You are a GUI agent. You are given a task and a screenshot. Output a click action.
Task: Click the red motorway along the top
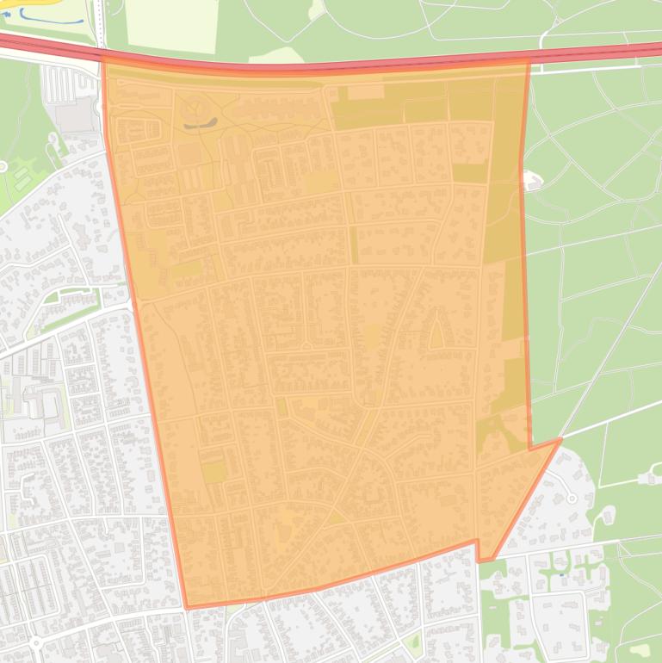[x=344, y=65]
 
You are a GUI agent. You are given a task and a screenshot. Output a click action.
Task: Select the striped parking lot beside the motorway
[x=63, y=84]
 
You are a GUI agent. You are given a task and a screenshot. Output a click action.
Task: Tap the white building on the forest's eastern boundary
[x=531, y=181]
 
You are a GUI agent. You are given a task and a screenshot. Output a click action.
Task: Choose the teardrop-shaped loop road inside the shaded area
[x=436, y=332]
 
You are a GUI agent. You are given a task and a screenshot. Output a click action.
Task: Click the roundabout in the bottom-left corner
[x=35, y=641]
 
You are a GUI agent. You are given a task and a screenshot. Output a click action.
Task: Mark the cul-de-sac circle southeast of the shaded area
[x=571, y=498]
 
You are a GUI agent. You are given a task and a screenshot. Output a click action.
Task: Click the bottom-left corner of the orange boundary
[x=187, y=607]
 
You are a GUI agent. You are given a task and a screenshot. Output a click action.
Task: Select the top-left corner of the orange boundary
[x=102, y=59]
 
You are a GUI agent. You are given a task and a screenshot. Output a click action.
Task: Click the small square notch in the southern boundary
[x=478, y=551]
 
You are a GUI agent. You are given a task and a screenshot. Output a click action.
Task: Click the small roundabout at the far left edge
[x=3, y=165]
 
